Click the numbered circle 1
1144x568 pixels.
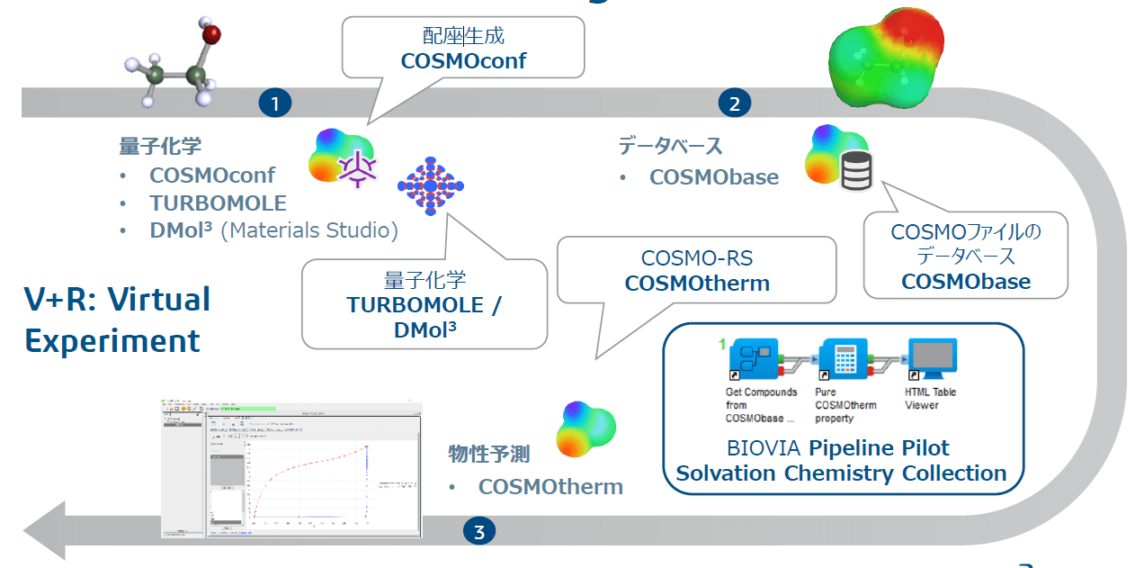pyautogui.click(x=275, y=104)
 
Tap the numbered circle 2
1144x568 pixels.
pyautogui.click(x=734, y=104)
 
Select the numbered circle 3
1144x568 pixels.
pyautogui.click(x=478, y=532)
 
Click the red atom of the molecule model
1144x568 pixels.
pyautogui.click(x=211, y=36)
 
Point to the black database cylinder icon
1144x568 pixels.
pyautogui.click(x=856, y=171)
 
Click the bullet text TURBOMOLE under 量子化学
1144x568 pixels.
pyautogui.click(x=218, y=203)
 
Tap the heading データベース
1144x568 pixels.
pyautogui.click(x=670, y=146)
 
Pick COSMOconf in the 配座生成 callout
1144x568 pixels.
pyautogui.click(x=463, y=61)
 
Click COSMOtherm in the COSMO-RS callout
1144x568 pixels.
pyautogui.click(x=697, y=283)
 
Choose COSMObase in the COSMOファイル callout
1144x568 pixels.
pyautogui.click(x=966, y=281)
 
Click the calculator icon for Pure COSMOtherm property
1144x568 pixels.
pyautogui.click(x=843, y=361)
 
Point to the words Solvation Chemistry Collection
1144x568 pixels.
pyautogui.click(x=841, y=473)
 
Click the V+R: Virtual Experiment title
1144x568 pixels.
pyautogui.click(x=117, y=320)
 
